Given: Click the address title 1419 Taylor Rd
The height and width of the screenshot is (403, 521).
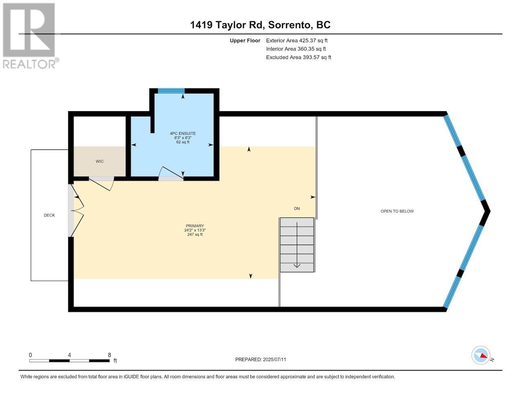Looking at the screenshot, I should click(x=260, y=25).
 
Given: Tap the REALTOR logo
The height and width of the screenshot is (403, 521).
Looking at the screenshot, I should click(x=29, y=36).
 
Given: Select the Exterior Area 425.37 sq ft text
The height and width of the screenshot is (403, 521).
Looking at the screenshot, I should click(x=296, y=41).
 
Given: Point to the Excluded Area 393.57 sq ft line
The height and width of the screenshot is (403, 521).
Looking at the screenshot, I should click(x=298, y=57).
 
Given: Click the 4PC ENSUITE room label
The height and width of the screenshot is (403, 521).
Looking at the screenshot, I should click(x=183, y=134).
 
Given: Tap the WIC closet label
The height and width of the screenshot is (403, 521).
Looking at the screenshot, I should click(x=100, y=162).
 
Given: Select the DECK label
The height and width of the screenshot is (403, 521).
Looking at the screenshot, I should click(x=49, y=215).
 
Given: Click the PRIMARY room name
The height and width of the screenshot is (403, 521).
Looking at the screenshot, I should click(x=195, y=226).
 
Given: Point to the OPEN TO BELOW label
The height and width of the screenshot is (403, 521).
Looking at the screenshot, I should click(x=397, y=211).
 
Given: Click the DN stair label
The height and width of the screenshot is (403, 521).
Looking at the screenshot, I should click(x=297, y=208).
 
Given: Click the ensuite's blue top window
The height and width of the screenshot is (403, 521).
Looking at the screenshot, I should click(x=171, y=91).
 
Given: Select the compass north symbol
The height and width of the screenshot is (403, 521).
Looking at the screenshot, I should click(x=482, y=355).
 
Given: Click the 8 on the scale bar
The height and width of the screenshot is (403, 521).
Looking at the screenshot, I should click(x=109, y=355).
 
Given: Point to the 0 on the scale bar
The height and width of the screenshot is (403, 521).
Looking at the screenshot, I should click(x=31, y=355).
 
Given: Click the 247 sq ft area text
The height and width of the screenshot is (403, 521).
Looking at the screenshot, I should click(x=193, y=234).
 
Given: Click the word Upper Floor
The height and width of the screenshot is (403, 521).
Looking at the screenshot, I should click(x=245, y=41).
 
